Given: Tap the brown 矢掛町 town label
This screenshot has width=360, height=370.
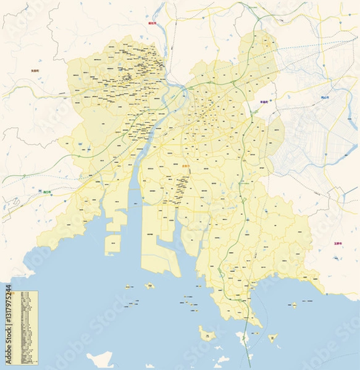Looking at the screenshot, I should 35,71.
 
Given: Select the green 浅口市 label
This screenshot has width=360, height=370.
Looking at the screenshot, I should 46,192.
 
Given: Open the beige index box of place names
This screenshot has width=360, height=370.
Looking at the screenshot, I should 28,326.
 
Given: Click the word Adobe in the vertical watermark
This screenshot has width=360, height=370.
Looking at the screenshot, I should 8,352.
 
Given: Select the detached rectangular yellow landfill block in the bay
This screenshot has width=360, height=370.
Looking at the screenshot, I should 115,244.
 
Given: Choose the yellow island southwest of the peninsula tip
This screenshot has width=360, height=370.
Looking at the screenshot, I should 206,334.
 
